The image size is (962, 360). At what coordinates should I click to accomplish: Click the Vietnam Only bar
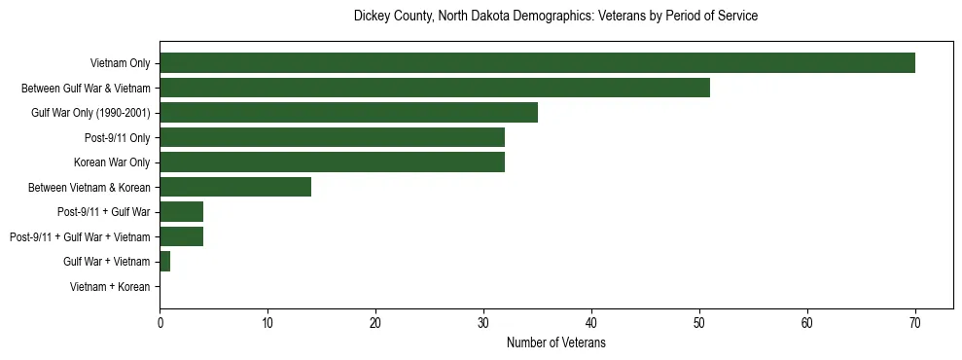click(x=537, y=63)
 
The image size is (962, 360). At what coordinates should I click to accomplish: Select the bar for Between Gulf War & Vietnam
click(x=435, y=88)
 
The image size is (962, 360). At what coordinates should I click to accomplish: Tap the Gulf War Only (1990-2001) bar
click(x=348, y=113)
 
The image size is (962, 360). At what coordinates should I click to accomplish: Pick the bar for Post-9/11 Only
click(x=332, y=137)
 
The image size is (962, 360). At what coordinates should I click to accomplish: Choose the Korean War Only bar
click(x=332, y=162)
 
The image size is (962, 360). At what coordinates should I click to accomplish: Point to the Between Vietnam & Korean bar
click(x=235, y=187)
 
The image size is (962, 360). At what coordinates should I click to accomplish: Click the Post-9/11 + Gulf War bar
click(x=181, y=212)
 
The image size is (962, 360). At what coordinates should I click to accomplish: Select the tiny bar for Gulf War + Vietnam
click(x=165, y=262)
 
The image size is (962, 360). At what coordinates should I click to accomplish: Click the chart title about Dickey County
click(x=555, y=17)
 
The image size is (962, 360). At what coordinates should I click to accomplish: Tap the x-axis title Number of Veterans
click(x=555, y=343)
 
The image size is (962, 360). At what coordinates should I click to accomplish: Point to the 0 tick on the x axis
click(x=160, y=323)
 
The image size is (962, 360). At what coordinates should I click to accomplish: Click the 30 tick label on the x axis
click(x=483, y=323)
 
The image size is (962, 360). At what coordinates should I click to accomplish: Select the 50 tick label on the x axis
click(x=699, y=323)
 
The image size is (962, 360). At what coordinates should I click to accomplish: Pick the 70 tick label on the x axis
click(x=915, y=323)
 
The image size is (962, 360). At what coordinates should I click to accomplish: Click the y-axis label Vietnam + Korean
click(x=110, y=287)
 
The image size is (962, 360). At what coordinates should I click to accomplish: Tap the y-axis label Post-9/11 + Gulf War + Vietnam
click(x=80, y=237)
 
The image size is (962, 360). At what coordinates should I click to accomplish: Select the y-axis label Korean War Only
click(x=112, y=162)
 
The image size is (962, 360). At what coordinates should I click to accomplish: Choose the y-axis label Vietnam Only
click(x=120, y=63)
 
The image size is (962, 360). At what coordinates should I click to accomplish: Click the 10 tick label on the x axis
click(x=267, y=323)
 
